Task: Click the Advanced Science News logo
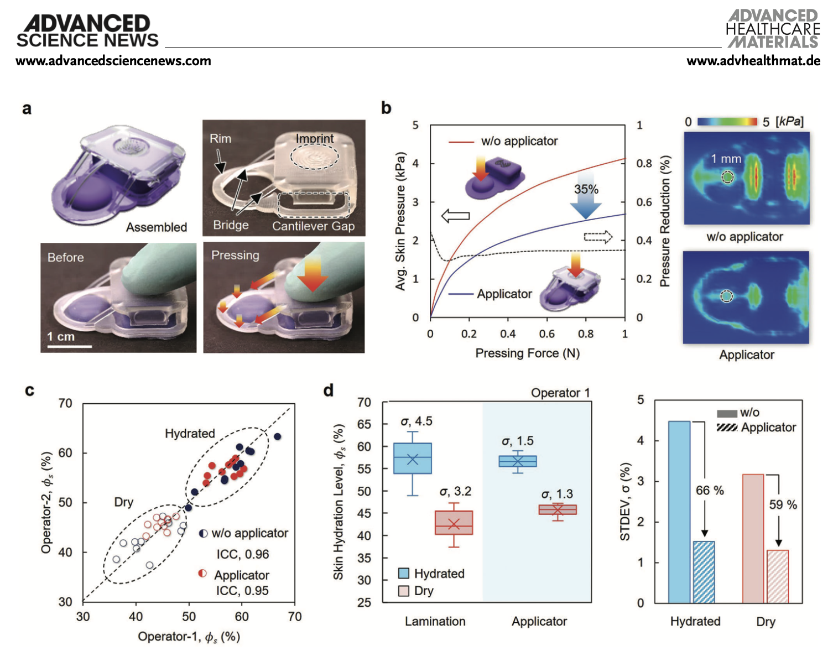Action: (x=87, y=32)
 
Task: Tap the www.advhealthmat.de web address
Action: (x=753, y=61)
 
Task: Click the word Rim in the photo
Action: (x=220, y=139)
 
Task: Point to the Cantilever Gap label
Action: (x=313, y=226)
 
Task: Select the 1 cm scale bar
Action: (x=69, y=346)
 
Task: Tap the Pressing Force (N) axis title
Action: (x=527, y=353)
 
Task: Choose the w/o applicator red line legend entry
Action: (x=461, y=142)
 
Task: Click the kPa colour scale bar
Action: (x=727, y=122)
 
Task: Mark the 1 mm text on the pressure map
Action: (x=726, y=159)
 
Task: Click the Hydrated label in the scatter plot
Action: (x=190, y=434)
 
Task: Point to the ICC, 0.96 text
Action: (x=242, y=554)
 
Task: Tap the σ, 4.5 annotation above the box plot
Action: (x=416, y=421)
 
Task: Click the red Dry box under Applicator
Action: (x=558, y=510)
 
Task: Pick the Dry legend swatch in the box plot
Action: (x=404, y=591)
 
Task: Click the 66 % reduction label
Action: (x=710, y=491)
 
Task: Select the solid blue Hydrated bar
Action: (x=679, y=512)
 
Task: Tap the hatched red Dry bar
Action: (x=778, y=576)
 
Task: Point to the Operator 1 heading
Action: (x=560, y=393)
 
